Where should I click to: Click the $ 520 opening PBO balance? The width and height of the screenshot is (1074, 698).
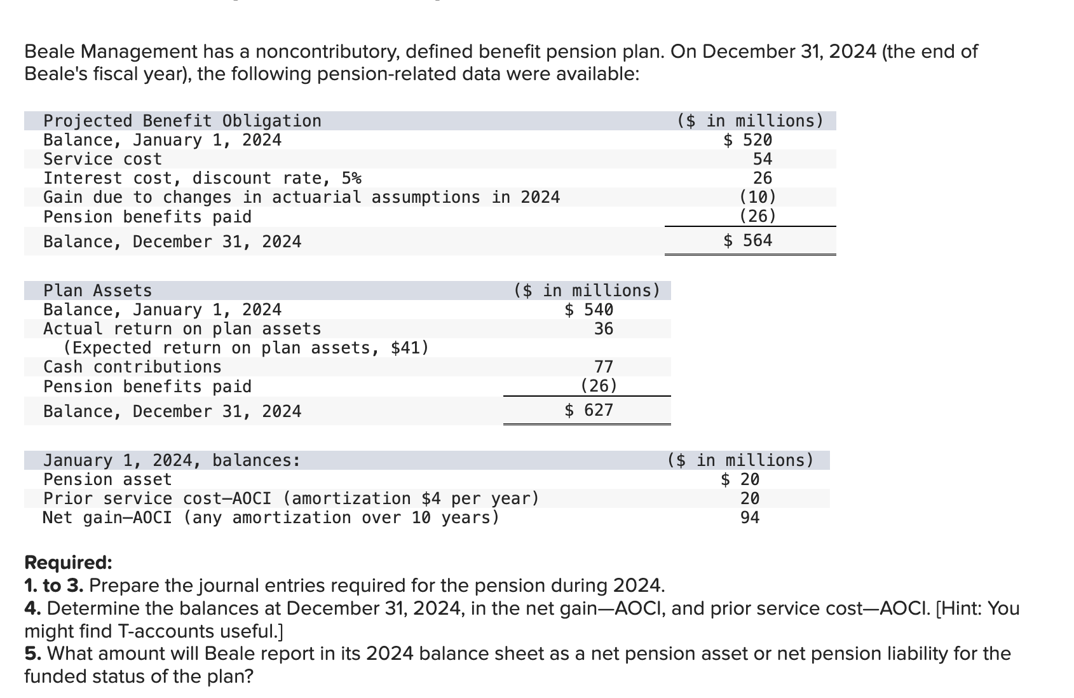click(747, 140)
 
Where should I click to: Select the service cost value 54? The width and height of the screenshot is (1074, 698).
click(763, 160)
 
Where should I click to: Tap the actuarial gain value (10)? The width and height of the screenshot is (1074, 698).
click(758, 197)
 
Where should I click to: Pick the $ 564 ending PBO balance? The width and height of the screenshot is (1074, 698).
click(747, 240)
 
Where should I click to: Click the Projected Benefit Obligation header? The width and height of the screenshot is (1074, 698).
click(182, 121)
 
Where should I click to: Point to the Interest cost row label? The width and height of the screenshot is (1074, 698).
click(202, 179)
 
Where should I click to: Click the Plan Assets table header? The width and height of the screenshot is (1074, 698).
click(97, 291)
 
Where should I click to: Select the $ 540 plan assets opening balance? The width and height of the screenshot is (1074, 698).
click(588, 310)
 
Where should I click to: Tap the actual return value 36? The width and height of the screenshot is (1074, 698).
click(604, 329)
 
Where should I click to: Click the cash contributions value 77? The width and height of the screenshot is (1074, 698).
click(604, 367)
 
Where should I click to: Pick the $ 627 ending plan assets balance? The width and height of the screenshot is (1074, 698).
click(588, 410)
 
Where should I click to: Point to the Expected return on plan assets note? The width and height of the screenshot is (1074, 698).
click(246, 348)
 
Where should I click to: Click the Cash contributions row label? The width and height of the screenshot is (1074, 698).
click(132, 367)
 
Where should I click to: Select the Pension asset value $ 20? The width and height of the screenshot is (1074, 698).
click(740, 479)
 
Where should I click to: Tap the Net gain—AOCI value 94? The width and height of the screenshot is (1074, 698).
click(750, 517)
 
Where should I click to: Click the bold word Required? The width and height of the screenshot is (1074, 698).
click(68, 562)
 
